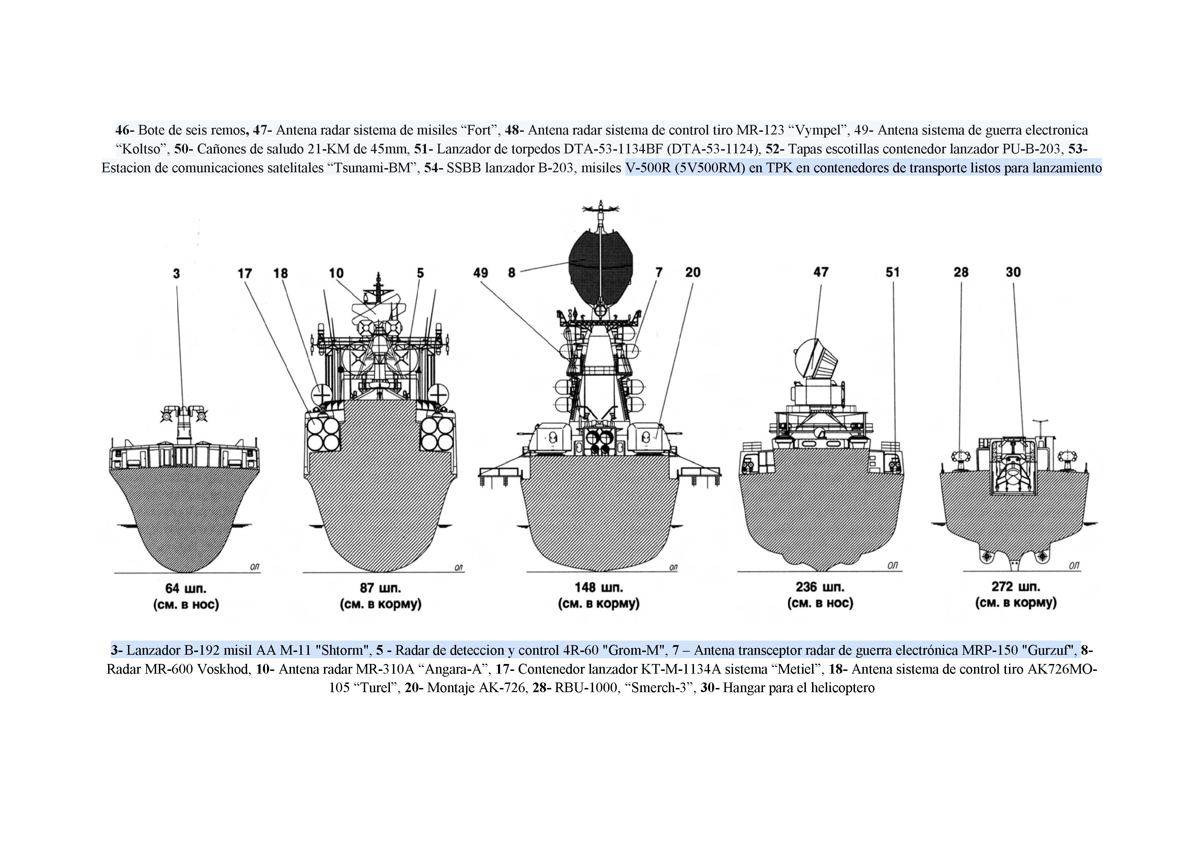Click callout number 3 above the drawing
pyautogui.click(x=177, y=274)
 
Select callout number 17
pyautogui.click(x=244, y=273)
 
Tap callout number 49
pyautogui.click(x=481, y=273)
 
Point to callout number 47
pyautogui.click(x=821, y=272)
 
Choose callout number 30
pyautogui.click(x=1013, y=272)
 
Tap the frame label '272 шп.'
pyautogui.click(x=1016, y=586)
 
